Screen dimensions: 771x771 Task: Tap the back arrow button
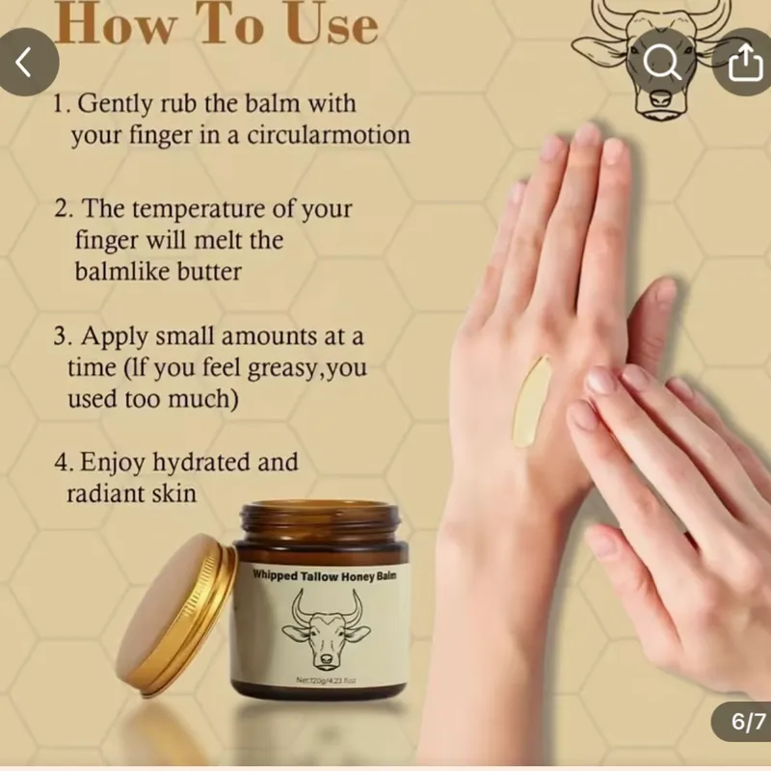tap(26, 63)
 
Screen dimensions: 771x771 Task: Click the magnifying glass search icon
tap(662, 63)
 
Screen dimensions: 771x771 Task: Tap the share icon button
tap(744, 63)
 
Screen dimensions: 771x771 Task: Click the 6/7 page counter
tap(740, 721)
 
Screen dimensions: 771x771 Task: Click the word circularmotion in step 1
tap(329, 135)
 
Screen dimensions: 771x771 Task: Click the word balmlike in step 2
tap(115, 271)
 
